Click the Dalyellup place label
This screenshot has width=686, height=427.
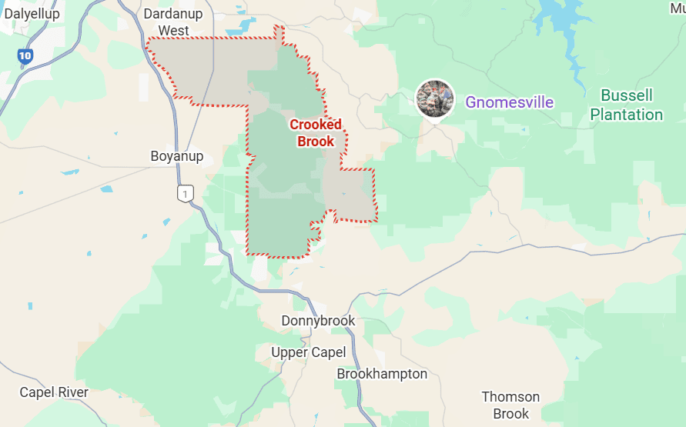[x=32, y=13]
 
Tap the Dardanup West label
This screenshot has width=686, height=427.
[x=174, y=22]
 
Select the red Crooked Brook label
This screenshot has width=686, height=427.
[x=316, y=132]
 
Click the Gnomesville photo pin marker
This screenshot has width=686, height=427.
[x=435, y=98]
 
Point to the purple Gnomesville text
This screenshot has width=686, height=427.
[x=509, y=102]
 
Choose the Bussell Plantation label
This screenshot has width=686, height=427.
[x=627, y=105]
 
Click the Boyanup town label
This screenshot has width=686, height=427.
[x=177, y=156]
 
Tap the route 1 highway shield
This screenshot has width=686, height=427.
[x=184, y=193]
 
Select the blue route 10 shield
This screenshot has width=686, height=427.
[x=25, y=55]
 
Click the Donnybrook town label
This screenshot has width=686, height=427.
[x=318, y=321]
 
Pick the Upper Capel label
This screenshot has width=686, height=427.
[x=309, y=352]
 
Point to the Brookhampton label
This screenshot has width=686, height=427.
[x=382, y=374]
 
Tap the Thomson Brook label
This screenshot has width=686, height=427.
[x=510, y=405]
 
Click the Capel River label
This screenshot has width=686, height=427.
[x=54, y=392]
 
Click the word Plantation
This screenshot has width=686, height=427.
[x=627, y=115]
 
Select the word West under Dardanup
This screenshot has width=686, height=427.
[x=174, y=31]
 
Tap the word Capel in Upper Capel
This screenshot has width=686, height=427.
[x=329, y=352]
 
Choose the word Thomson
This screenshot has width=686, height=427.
[x=510, y=397]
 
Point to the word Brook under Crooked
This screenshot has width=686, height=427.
[x=316, y=141]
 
